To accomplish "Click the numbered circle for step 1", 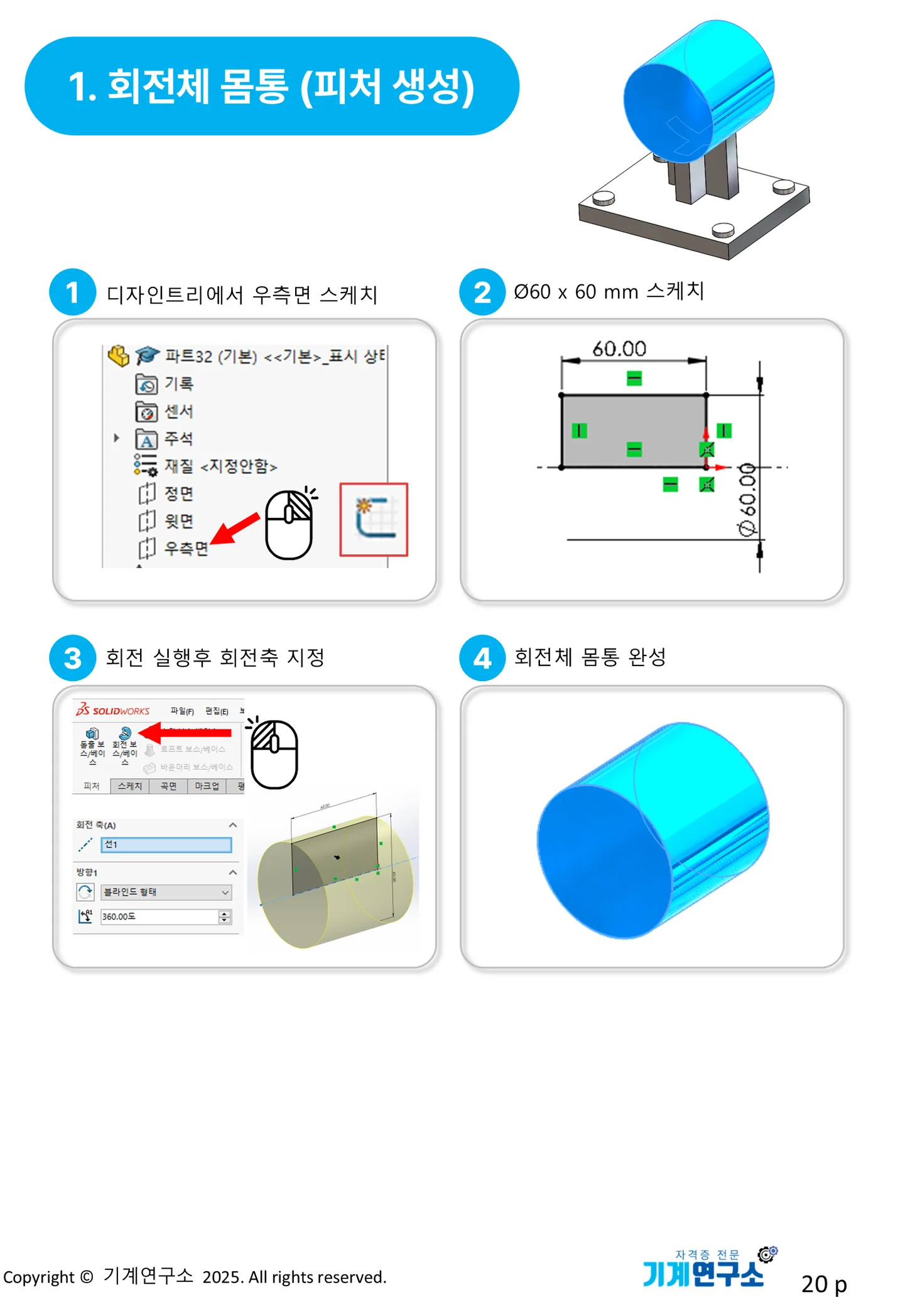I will coord(72,293).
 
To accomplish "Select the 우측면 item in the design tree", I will coord(185,548).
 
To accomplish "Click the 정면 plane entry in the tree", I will coord(178,493).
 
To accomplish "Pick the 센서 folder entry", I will coord(178,411).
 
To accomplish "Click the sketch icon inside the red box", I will coord(374,519).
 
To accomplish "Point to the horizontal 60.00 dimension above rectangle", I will coord(619,349).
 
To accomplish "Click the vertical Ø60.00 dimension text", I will coord(747,500).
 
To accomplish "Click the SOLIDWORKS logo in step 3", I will coord(113,710).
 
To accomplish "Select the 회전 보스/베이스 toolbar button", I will coord(124,745).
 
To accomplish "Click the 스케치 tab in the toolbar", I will coord(130,786).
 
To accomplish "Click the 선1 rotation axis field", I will coord(166,844).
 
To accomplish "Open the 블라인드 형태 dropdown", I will coord(166,892).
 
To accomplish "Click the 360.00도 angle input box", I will coord(160,917).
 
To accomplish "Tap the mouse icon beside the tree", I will coord(289,525).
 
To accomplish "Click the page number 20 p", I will coord(824,1283).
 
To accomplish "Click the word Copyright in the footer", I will coord(39,1278).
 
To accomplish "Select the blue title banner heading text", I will coord(271,86).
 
